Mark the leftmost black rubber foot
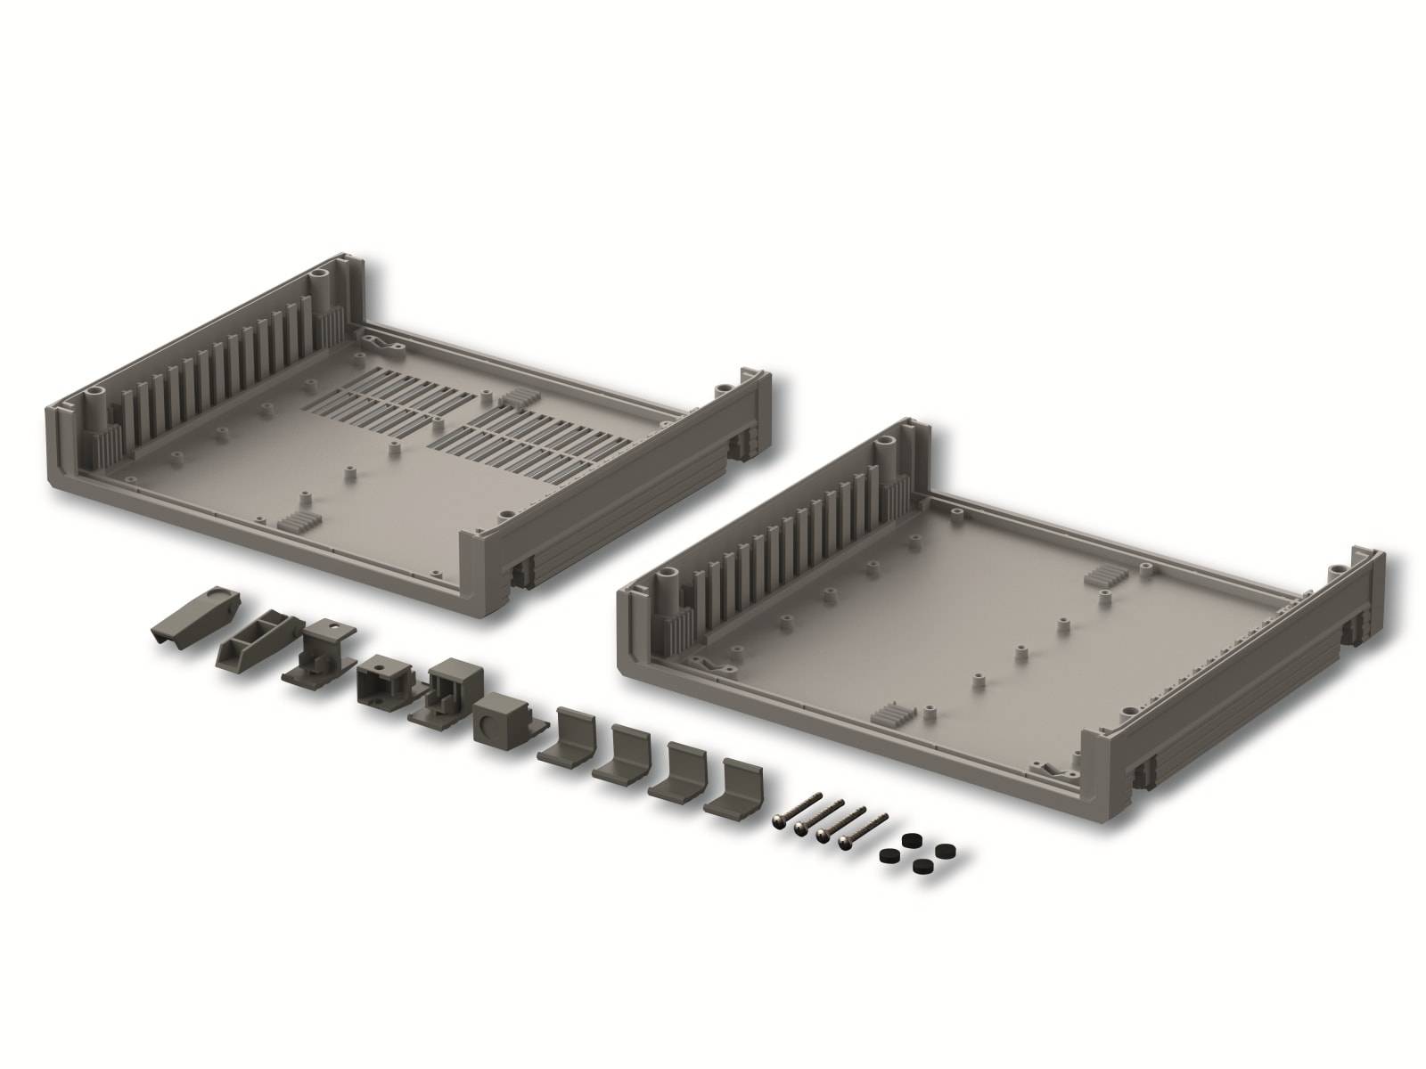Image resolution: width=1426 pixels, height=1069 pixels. tap(889, 854)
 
